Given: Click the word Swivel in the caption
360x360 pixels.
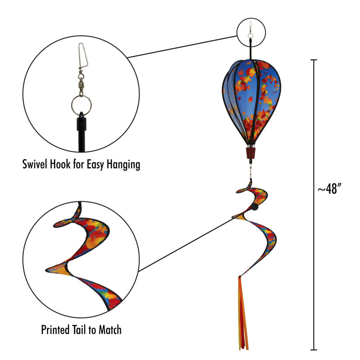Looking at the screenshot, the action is coord(35,164).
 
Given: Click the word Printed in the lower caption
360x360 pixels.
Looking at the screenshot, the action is coord(55,330).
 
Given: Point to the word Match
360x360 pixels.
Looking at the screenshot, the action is coord(110,330).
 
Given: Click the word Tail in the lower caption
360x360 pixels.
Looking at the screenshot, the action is coord(80,330).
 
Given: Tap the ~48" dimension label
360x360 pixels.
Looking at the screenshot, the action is coord(329,189).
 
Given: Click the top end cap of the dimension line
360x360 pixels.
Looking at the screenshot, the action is coord(314,60).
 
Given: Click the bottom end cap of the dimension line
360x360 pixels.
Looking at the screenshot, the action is coord(314,350).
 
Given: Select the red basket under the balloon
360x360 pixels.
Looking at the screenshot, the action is coord(251,153).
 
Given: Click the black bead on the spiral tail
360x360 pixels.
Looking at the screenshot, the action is coord(254,207).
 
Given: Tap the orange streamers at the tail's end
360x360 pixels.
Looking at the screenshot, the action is coord(243,313).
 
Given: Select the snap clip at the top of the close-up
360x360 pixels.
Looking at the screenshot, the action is coord(83,55).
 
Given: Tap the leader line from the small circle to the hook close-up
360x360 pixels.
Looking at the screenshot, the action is coord(182,47).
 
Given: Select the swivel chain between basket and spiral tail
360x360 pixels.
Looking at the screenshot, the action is coord(251,171).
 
